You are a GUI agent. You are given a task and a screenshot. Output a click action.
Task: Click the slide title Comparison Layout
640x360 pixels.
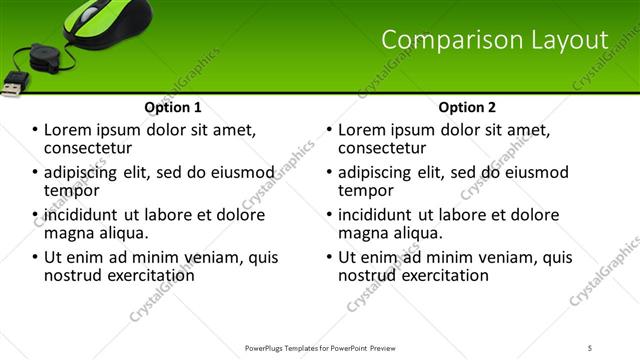pos(495,40)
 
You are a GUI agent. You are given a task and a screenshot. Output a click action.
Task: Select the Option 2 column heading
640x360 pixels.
pos(466,107)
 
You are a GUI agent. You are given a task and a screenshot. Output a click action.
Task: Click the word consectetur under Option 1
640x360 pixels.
pos(90,148)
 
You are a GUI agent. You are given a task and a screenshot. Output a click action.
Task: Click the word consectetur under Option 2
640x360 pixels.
pos(383,148)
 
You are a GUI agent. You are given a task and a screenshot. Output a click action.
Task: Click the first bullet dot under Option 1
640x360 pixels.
pos(35,130)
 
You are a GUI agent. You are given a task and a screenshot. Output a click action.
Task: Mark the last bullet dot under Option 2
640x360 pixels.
pos(329,257)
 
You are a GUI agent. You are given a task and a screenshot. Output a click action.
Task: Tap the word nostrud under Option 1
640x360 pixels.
pos(74,274)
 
